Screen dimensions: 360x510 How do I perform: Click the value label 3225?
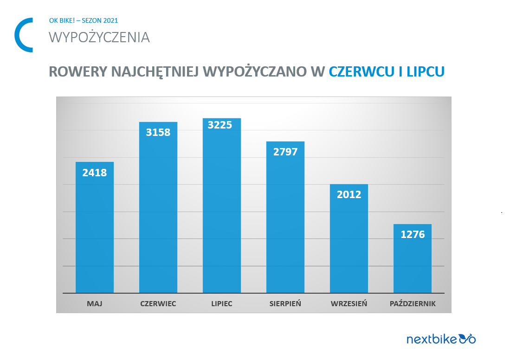220,125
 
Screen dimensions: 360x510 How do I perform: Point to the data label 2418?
95,173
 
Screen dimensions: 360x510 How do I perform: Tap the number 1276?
413,235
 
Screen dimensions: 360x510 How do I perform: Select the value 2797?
285,152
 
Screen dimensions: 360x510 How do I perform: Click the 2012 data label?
349,195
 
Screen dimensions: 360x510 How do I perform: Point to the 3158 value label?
158,132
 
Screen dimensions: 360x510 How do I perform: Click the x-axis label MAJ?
95,304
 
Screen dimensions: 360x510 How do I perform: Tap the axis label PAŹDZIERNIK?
413,304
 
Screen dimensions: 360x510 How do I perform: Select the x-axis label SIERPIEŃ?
285,304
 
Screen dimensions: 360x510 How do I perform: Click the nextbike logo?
441,339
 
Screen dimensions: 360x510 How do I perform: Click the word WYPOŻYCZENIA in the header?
99,38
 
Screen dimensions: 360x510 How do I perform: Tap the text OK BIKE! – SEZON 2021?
84,20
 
